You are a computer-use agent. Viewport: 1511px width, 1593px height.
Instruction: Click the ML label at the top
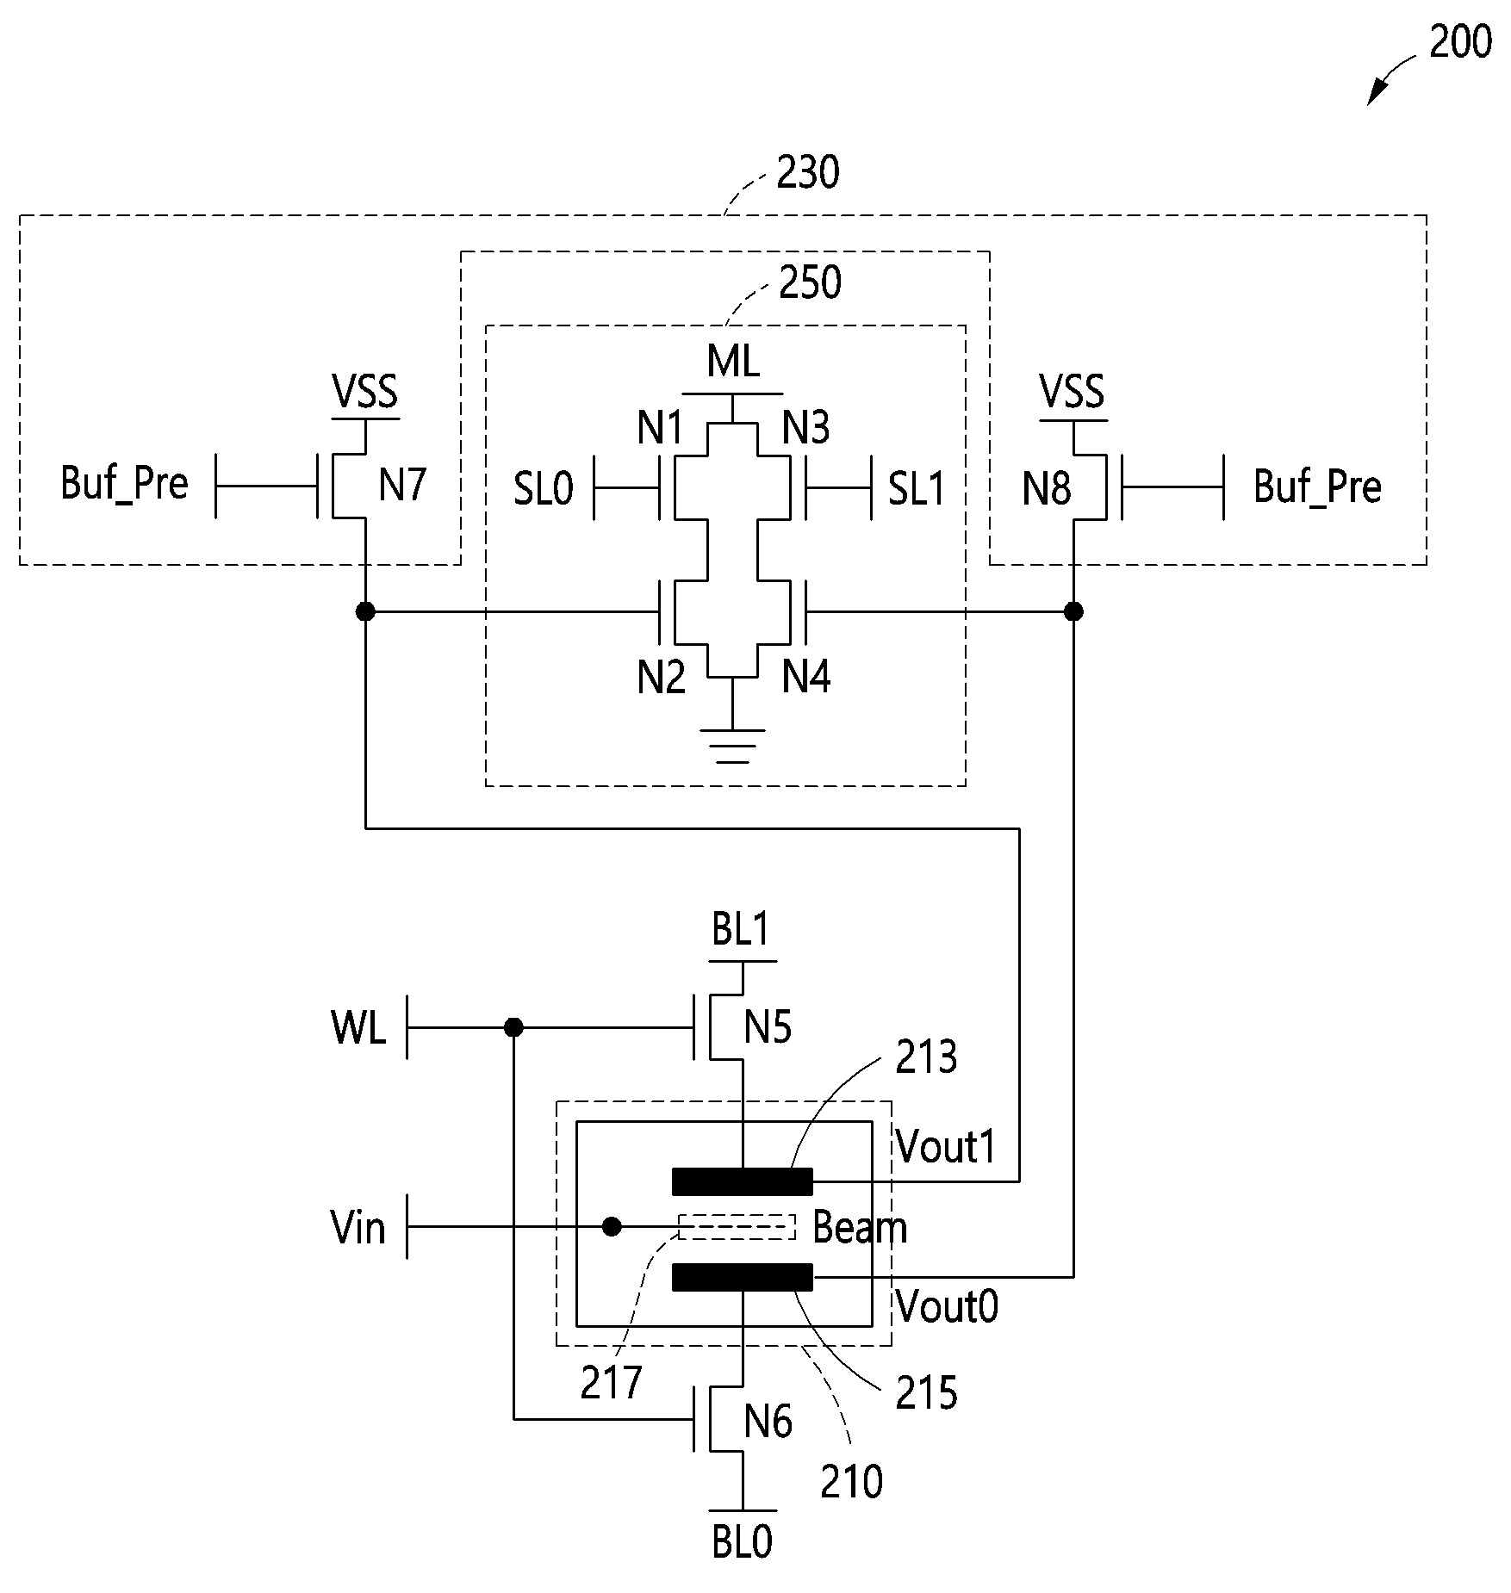(733, 361)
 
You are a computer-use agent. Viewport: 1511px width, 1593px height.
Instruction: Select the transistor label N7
(402, 486)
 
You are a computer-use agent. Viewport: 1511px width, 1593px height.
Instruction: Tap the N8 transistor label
(1047, 489)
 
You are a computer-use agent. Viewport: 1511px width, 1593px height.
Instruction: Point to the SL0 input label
(543, 489)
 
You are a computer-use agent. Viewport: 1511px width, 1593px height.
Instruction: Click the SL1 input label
(917, 489)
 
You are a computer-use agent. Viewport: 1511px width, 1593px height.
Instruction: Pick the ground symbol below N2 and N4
(732, 746)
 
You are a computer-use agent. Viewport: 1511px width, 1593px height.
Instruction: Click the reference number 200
(1460, 41)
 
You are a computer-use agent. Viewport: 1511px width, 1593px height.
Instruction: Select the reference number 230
(808, 173)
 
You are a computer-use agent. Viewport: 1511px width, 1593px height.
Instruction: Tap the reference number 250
(810, 282)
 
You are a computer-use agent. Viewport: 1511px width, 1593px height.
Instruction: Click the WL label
(358, 1027)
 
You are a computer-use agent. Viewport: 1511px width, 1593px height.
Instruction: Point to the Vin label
(358, 1227)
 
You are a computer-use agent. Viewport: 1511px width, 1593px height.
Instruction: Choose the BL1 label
(741, 930)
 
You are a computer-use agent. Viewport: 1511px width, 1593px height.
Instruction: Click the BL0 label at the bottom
(742, 1542)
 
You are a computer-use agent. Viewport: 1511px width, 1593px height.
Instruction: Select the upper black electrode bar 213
(742, 1181)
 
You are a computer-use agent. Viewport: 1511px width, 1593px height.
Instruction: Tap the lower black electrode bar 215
(742, 1277)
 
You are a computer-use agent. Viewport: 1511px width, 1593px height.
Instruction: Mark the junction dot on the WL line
(513, 1027)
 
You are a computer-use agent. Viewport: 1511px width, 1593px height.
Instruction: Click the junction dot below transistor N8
(1073, 611)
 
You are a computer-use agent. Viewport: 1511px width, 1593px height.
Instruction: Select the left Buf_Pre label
(124, 484)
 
